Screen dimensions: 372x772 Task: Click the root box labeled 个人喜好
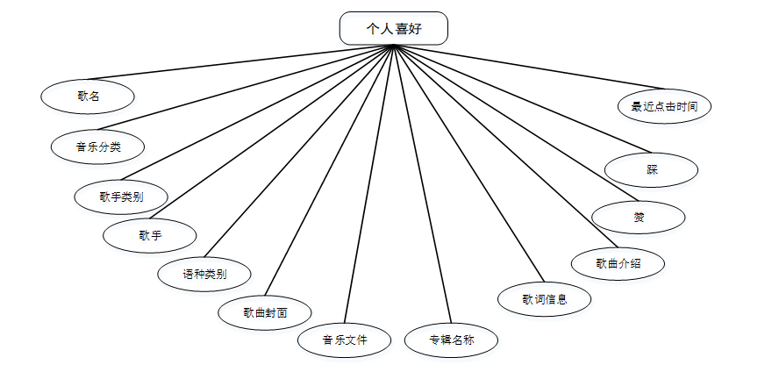coord(393,28)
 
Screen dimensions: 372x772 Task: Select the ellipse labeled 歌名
coord(88,97)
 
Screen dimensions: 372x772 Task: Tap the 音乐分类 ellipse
coord(97,147)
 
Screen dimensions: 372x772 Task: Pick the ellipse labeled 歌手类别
coord(121,197)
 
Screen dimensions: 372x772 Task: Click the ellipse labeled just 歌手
coord(150,235)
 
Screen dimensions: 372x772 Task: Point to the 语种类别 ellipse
coord(204,274)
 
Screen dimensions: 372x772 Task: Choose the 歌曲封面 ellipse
coord(265,311)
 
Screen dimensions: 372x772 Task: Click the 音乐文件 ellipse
coord(344,339)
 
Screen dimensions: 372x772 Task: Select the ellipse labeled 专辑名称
coord(451,340)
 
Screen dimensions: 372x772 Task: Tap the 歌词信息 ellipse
coord(544,299)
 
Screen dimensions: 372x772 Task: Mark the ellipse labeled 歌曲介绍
coord(618,262)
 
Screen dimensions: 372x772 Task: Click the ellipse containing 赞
coord(639,218)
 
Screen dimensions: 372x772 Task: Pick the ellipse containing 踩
coord(652,170)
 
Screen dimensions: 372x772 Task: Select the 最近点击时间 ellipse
coord(664,106)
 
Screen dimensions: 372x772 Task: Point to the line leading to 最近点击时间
coord(526,68)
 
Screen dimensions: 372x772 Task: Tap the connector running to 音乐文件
coord(368,184)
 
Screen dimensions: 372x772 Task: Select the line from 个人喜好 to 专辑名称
coord(421,184)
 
